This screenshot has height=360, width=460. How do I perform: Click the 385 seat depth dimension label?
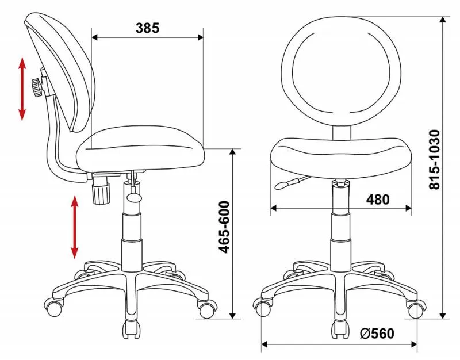pos(147,28)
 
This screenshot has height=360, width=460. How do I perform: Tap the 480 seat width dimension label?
pos(378,200)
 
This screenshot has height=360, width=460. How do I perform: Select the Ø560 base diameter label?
pos(377,334)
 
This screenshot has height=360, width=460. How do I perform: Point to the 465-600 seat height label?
pos(224,227)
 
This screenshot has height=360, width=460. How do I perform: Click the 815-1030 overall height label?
pos(435,160)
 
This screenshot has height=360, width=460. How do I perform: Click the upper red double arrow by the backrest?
pos(22,89)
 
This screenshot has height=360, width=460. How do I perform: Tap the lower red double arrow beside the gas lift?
pos(75,227)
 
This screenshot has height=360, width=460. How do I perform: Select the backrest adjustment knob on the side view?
pos(37,87)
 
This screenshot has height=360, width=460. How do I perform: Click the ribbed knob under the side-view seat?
pos(101,193)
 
